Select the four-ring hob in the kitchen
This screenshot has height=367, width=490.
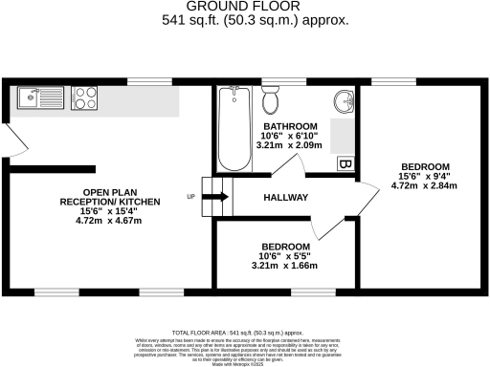point(83,97)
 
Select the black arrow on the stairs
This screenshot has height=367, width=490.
point(216,197)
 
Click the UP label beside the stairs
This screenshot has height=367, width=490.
point(190,198)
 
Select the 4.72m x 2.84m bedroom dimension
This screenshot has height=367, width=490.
point(420,185)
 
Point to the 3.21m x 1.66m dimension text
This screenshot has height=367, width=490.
point(285,266)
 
